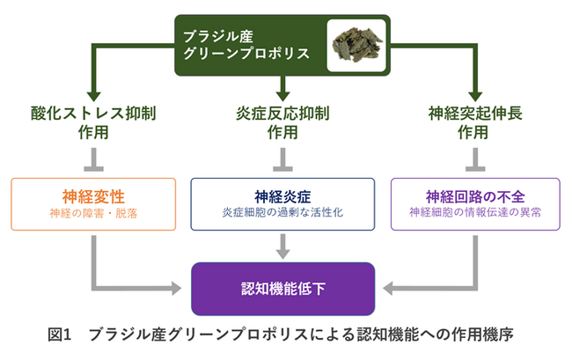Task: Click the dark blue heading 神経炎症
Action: [282, 196]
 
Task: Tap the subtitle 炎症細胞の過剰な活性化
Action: [282, 213]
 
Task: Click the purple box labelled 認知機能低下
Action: [282, 289]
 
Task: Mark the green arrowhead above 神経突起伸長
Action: [476, 95]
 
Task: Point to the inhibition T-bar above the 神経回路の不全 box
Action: [476, 166]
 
